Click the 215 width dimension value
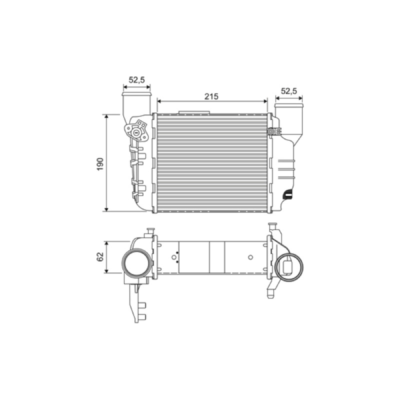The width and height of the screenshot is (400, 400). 211,96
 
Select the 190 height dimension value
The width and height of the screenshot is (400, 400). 100,164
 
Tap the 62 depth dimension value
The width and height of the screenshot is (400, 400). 100,256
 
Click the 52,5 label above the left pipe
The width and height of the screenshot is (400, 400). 136,80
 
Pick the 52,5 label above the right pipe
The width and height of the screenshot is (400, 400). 289,91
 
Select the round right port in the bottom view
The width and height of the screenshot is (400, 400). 289,267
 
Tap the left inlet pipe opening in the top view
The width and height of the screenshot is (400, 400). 136,94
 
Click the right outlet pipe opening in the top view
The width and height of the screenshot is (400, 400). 289,105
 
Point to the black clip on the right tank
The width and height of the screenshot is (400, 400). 287,194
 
